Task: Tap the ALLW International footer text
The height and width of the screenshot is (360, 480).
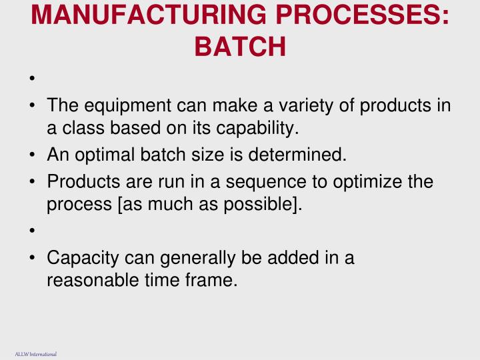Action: tap(36, 354)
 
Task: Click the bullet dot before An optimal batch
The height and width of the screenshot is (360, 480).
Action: tap(33, 156)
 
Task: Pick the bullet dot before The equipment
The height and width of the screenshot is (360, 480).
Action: tap(33, 107)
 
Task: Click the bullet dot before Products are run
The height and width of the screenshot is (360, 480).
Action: tap(33, 183)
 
